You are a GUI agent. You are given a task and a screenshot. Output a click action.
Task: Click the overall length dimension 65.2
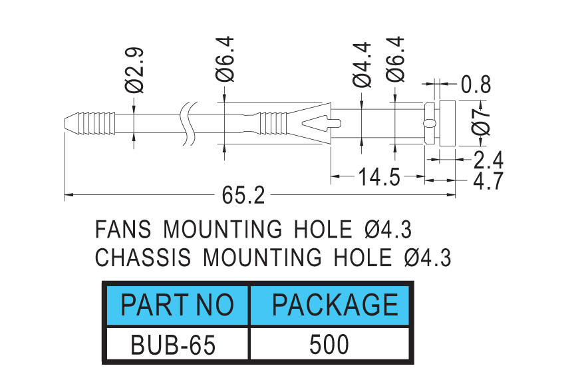[243, 195]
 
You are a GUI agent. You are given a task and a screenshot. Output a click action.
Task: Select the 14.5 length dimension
[379, 176]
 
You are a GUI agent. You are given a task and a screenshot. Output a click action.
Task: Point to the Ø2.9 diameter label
[134, 71]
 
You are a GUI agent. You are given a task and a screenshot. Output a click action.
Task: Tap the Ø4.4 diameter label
[362, 65]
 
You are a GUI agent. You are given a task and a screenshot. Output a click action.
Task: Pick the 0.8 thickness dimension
[476, 85]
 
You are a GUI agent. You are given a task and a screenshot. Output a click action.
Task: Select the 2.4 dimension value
[488, 160]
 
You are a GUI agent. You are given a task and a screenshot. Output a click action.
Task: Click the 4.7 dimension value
[488, 180]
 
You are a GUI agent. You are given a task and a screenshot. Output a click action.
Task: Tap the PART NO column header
[177, 305]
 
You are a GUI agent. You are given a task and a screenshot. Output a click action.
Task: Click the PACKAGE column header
[335, 305]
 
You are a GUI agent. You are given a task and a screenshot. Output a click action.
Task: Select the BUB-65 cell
[173, 345]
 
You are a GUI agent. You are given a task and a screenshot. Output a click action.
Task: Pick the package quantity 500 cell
[329, 345]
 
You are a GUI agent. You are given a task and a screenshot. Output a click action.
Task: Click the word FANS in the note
[123, 229]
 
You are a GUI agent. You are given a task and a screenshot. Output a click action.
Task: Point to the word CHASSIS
[143, 257]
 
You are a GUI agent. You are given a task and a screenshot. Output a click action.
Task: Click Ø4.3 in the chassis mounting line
[428, 257]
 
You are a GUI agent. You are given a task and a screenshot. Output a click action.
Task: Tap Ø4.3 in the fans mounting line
[388, 229]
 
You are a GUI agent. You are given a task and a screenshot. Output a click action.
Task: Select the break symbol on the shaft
[188, 124]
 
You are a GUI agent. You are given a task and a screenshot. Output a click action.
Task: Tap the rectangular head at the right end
[448, 123]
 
